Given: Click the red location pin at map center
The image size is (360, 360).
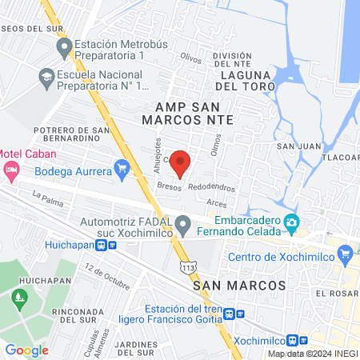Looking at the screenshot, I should point(180,162).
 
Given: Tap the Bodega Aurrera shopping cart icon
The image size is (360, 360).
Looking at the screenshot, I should point(122,168).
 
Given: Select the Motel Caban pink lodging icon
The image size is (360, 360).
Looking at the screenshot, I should point(10,169).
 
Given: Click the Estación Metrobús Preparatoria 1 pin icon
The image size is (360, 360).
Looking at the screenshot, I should point(65,50).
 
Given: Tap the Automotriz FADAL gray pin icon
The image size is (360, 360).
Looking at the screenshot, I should point(183,223).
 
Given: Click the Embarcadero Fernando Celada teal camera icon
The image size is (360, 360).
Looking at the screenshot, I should point(293,222).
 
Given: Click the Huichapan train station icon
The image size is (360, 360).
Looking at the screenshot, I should point(112,245).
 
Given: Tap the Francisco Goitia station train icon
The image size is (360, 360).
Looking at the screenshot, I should point(230,315).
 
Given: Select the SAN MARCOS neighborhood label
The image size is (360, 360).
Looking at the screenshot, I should point(239,285).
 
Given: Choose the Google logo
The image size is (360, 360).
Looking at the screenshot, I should point(26,350).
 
